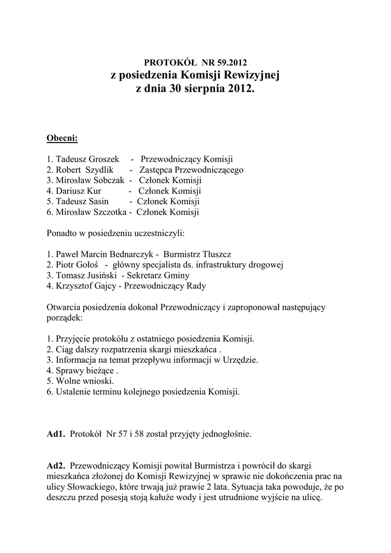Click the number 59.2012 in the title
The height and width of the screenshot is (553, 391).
(232, 63)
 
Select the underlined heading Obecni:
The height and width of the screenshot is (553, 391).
(63, 139)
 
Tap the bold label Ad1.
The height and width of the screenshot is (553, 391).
(56, 433)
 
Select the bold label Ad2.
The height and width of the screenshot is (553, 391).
(56, 465)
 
